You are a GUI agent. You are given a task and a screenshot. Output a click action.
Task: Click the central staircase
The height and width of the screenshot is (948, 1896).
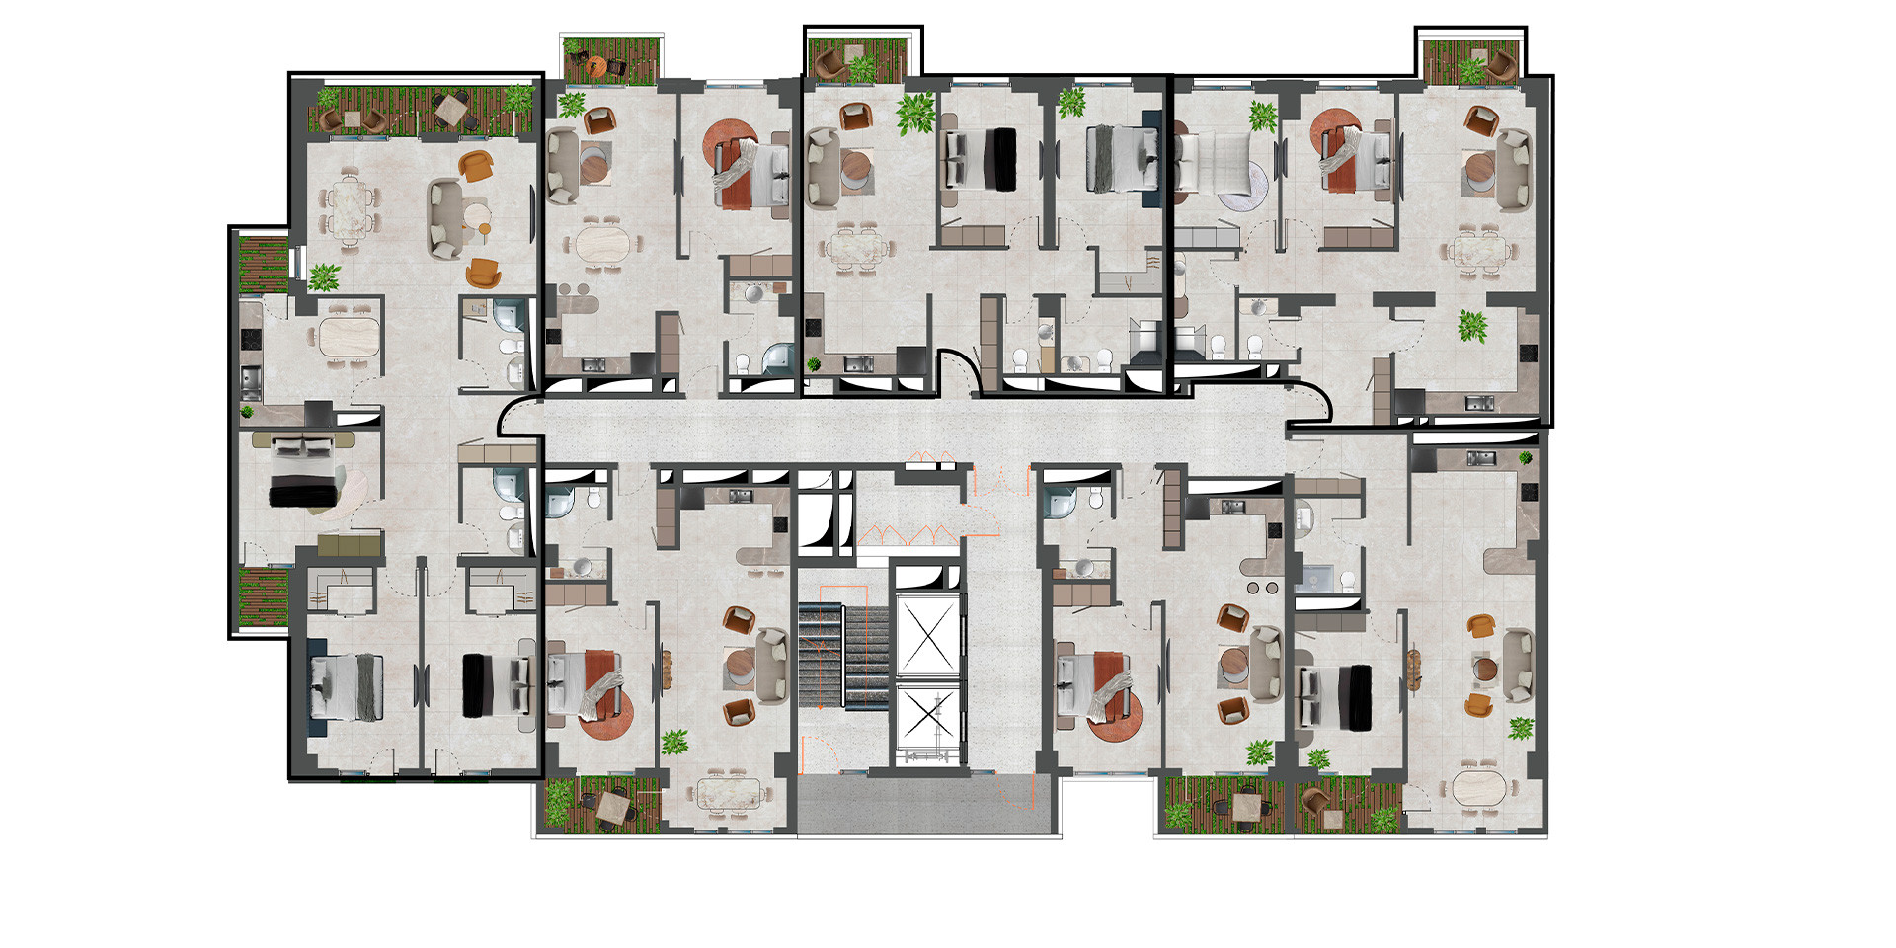pyautogui.click(x=845, y=657)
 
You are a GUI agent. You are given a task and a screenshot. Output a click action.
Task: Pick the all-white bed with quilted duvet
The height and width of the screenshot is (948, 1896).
pyautogui.click(x=1211, y=164)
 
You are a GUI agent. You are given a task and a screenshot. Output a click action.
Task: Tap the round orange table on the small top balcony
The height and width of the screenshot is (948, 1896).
pyautogui.click(x=594, y=66)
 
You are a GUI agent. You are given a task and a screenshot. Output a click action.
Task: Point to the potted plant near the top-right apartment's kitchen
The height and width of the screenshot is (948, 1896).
pyautogui.click(x=1472, y=326)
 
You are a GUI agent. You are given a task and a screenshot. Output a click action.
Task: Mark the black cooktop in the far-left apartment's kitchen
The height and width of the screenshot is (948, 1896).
pyautogui.click(x=250, y=339)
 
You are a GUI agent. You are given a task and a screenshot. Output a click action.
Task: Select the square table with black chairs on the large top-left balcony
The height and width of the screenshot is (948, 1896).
pyautogui.click(x=452, y=108)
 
